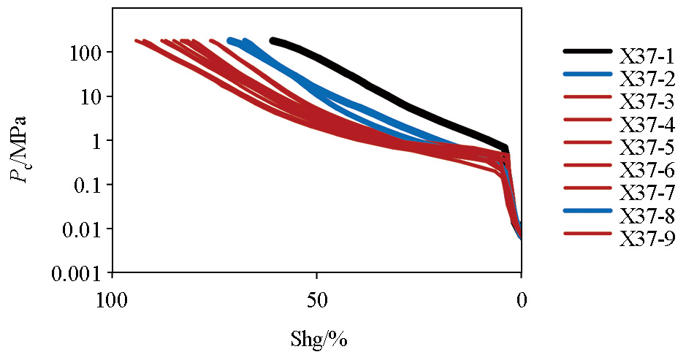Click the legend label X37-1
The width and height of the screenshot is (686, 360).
click(x=646, y=55)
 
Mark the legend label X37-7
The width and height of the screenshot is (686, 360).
click(x=646, y=193)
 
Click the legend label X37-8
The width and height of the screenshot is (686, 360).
click(x=646, y=215)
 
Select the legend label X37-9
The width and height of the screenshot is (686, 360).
click(x=646, y=238)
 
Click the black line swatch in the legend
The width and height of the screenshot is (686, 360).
click(x=587, y=51)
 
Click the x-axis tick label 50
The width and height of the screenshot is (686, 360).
click(x=316, y=300)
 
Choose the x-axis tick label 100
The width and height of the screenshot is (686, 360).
click(x=111, y=300)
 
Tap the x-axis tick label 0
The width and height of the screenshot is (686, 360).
click(x=521, y=300)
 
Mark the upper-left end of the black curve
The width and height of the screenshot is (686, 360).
click(x=273, y=41)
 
